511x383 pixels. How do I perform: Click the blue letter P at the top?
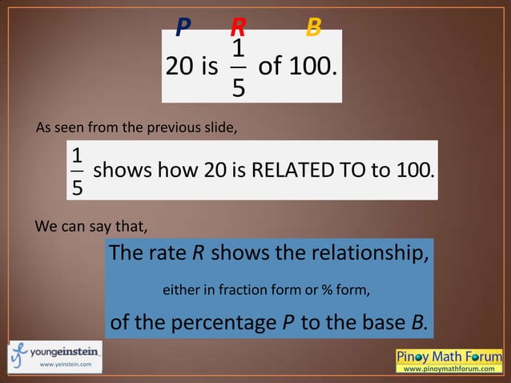pyautogui.click(x=183, y=28)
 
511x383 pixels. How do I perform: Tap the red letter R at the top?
pyautogui.click(x=238, y=28)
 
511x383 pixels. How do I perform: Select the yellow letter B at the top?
pyautogui.click(x=314, y=28)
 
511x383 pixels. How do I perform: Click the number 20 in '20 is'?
pyautogui.click(x=179, y=67)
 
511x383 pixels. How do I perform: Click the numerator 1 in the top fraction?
pyautogui.click(x=238, y=50)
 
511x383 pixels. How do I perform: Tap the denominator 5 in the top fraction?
pyautogui.click(x=238, y=86)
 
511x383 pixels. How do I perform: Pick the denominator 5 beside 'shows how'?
pyautogui.click(x=77, y=187)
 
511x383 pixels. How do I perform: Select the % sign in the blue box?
pyautogui.click(x=328, y=289)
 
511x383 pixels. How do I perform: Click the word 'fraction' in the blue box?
pyautogui.click(x=243, y=289)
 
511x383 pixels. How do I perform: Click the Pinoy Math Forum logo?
pyautogui.click(x=449, y=360)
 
